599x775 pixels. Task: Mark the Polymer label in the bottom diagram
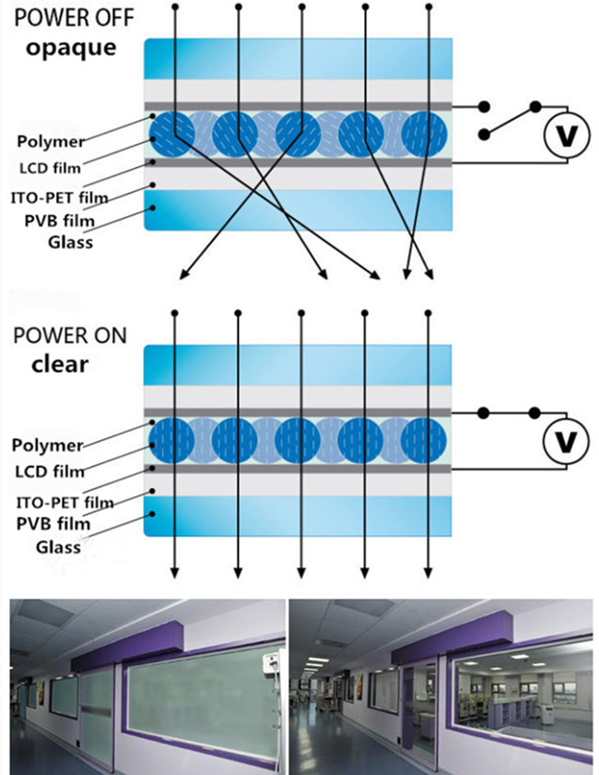tap(47, 446)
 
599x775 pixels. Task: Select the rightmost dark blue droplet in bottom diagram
tap(424, 440)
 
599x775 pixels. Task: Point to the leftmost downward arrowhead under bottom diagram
tap(174, 576)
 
